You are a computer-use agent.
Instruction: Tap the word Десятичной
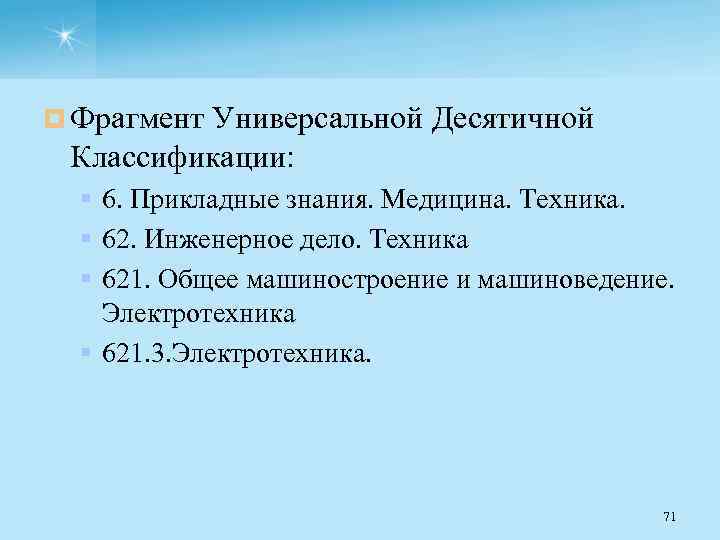[513, 120]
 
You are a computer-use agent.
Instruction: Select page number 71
[669, 516]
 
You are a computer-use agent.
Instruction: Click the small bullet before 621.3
[88, 352]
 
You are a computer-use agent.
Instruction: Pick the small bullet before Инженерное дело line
[88, 239]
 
